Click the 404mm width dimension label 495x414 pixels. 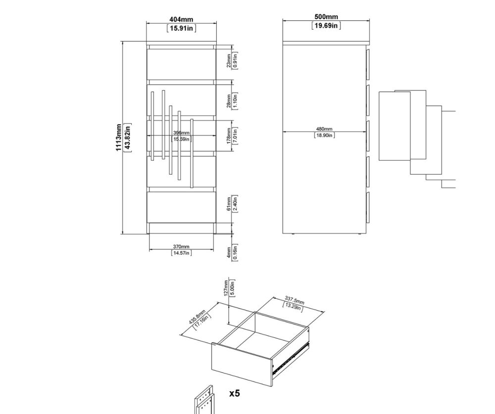pos(181,20)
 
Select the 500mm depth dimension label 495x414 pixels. pos(326,17)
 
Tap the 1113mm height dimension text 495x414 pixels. pos(119,138)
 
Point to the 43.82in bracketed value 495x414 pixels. pos(128,138)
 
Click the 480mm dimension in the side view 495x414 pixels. pos(324,129)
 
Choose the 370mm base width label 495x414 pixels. pos(181,246)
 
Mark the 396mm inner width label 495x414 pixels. pos(181,133)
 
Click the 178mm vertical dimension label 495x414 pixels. pos(229,136)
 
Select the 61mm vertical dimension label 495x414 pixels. pos(229,204)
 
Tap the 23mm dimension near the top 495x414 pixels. pos(229,60)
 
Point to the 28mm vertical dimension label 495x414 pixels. pos(229,101)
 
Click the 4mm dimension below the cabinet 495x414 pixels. pos(229,252)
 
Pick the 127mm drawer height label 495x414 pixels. pos(226,288)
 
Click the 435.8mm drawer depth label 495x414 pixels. pos(197,317)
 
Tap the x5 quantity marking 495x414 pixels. pos(235,393)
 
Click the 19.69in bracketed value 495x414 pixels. pos(326,26)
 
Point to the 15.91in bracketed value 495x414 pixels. pos(181,28)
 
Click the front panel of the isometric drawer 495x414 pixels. pos(242,364)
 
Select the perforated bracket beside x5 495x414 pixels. pos(204,400)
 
